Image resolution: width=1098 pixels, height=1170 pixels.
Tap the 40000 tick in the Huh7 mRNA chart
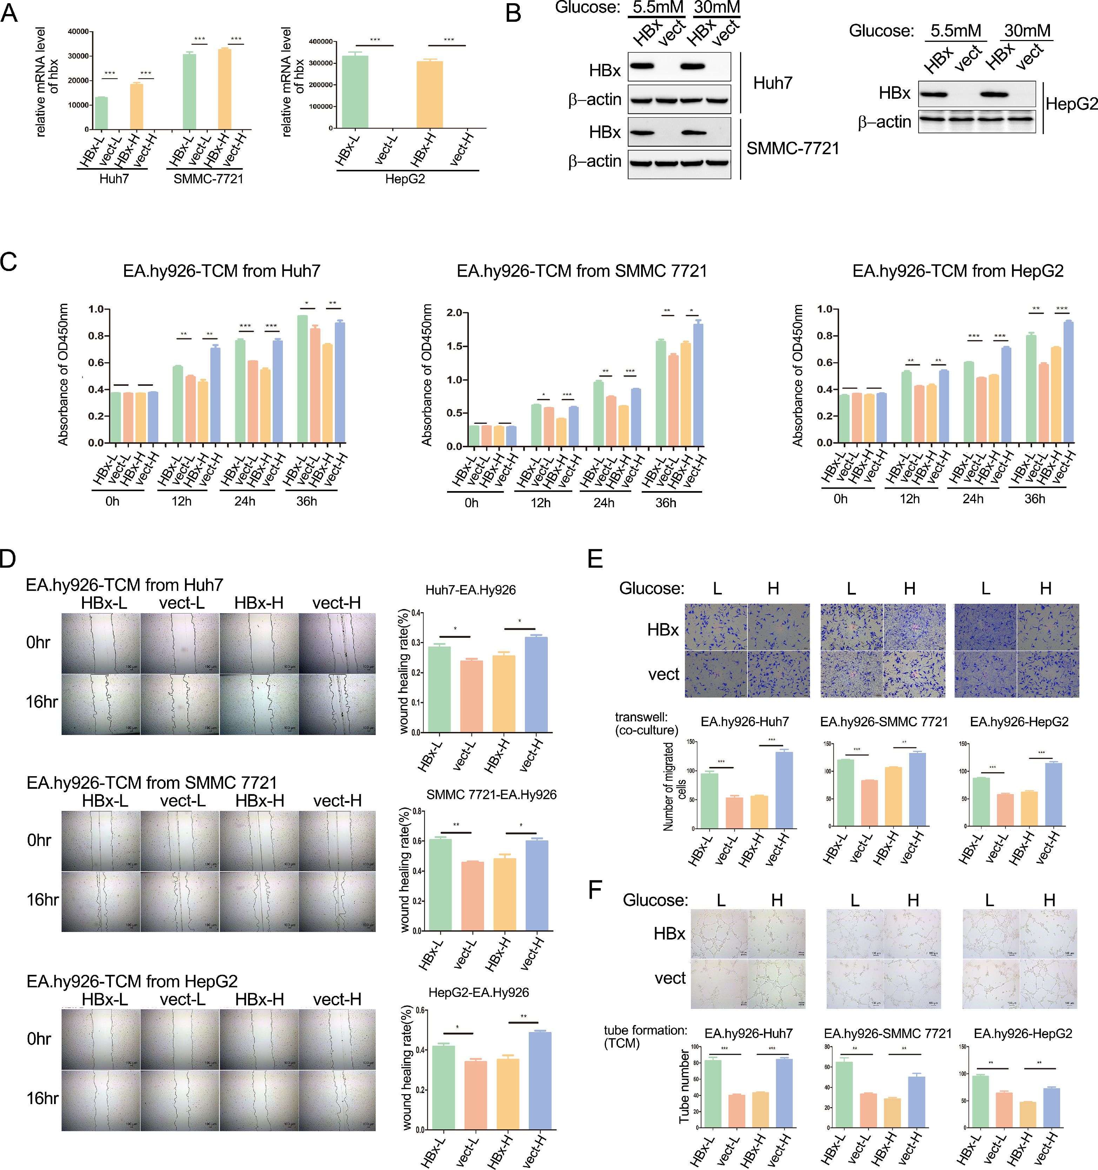tap(78, 31)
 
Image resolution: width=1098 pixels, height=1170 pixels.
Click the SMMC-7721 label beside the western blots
tap(793, 148)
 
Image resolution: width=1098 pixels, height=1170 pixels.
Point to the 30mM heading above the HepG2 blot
tap(1027, 31)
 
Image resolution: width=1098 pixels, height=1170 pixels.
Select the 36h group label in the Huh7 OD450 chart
tap(307, 501)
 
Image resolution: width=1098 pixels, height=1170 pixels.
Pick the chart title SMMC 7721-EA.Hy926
tap(491, 794)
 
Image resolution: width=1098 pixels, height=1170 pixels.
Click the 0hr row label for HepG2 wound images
tap(39, 1039)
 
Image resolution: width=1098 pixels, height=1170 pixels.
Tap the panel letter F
tap(595, 889)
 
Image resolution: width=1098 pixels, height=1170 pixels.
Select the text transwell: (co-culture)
tap(646, 723)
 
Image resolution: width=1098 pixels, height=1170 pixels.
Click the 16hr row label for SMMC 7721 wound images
tap(42, 900)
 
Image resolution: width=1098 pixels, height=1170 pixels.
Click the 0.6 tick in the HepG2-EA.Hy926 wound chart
tap(420, 1010)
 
